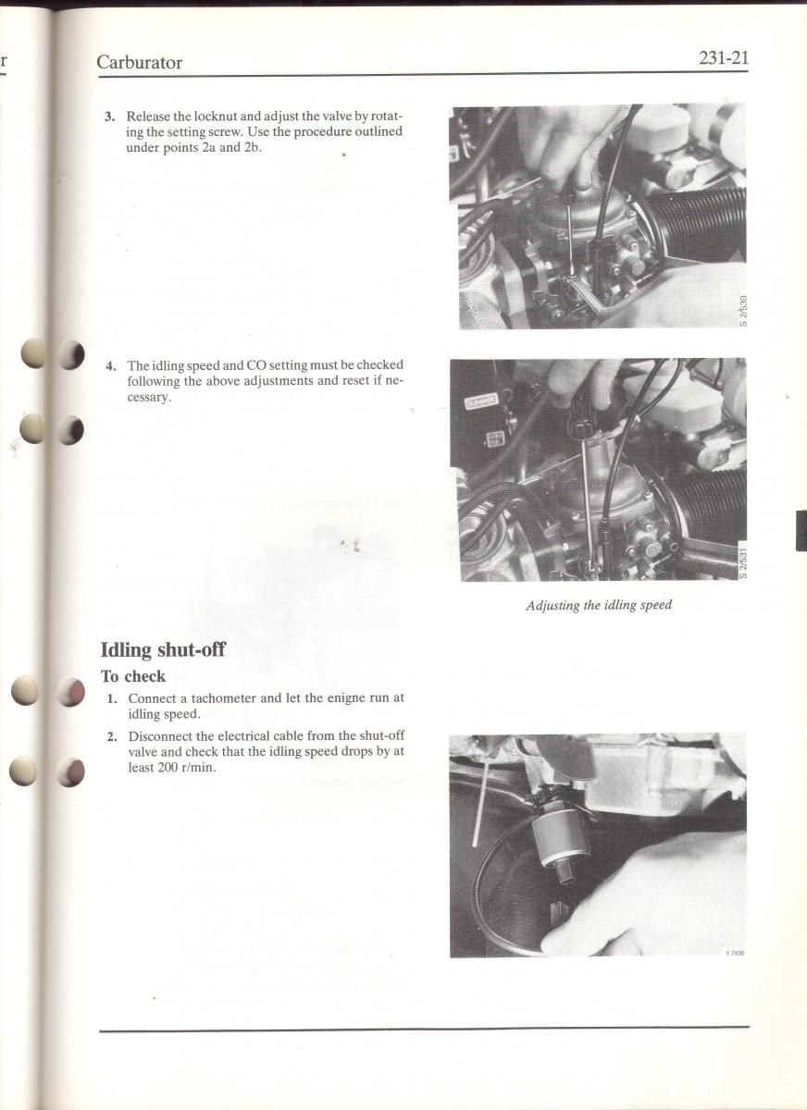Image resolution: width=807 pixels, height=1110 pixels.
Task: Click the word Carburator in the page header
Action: point(140,63)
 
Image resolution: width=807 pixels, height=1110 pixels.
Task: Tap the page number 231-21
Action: point(723,58)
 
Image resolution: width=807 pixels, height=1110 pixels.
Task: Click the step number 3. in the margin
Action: point(110,117)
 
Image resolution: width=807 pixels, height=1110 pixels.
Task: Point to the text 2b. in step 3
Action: point(252,148)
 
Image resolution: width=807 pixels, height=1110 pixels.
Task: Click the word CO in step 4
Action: point(255,365)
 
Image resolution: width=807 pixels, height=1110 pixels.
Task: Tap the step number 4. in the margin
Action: point(111,366)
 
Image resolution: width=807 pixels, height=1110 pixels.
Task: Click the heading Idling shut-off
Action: point(163,649)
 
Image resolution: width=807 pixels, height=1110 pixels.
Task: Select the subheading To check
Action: point(133,676)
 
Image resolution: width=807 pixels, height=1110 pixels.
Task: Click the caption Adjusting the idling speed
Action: point(599,606)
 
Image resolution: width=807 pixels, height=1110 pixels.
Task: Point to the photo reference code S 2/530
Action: point(742,311)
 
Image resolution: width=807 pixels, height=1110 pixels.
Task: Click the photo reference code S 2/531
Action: point(742,562)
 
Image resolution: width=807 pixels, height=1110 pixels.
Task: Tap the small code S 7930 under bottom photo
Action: point(735,953)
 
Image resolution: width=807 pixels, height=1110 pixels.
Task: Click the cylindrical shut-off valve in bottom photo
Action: point(561,837)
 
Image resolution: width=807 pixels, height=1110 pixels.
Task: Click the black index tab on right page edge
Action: point(801,531)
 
